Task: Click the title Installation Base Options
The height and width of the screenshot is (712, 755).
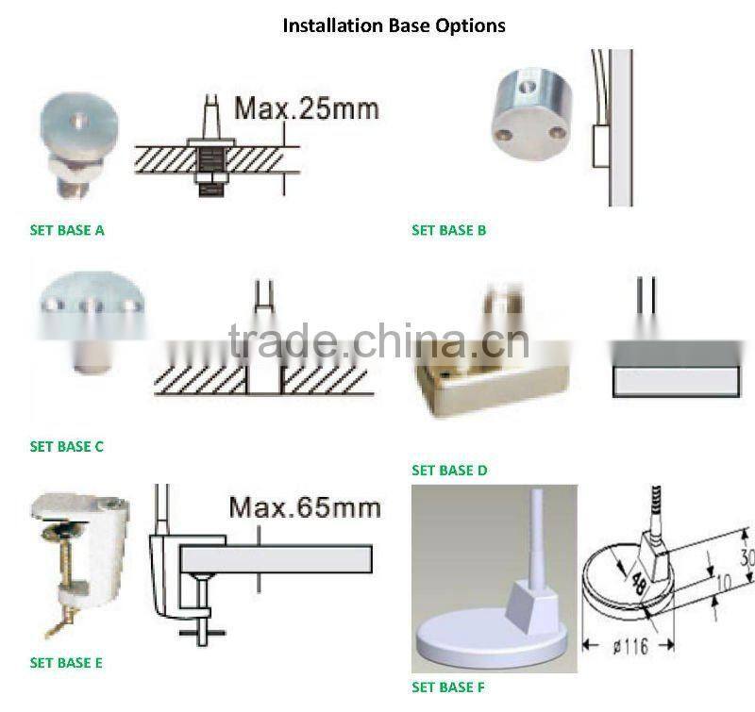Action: pyautogui.click(x=394, y=25)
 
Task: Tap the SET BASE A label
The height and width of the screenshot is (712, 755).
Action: pyautogui.click(x=67, y=229)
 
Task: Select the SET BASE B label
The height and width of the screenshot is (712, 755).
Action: pyautogui.click(x=448, y=229)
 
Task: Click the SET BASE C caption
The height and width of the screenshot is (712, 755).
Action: pyautogui.click(x=67, y=446)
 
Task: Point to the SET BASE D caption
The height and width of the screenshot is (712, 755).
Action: pyautogui.click(x=449, y=470)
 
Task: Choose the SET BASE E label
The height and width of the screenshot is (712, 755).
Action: pyautogui.click(x=66, y=663)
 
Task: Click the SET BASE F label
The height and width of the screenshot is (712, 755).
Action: pyautogui.click(x=448, y=687)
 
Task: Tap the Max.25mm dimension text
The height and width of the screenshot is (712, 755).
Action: pyautogui.click(x=307, y=108)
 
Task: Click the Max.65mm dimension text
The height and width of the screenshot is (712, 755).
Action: pyautogui.click(x=304, y=507)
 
